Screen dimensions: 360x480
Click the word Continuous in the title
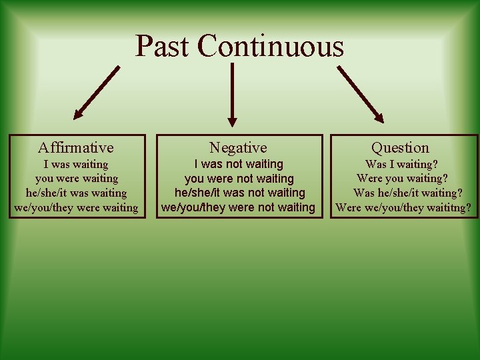click(x=271, y=47)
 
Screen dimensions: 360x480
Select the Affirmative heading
click(x=76, y=147)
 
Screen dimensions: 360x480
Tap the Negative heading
click(x=238, y=147)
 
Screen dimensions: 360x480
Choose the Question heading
click(x=400, y=147)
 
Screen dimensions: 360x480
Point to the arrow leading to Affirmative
click(x=96, y=92)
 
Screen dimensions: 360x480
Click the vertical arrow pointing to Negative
click(x=232, y=93)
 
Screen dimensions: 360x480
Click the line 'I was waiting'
click(x=76, y=164)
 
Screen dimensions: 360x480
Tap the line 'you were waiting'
click(x=76, y=179)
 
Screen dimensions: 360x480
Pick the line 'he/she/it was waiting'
click(x=76, y=193)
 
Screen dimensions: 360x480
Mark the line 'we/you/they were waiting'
click(x=76, y=208)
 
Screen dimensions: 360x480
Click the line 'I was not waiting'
click(x=238, y=164)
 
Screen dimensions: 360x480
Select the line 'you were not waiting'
click(x=238, y=179)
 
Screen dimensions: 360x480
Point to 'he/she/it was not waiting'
click(x=238, y=193)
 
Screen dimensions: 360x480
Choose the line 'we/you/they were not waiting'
click(x=238, y=207)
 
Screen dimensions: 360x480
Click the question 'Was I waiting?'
click(x=402, y=164)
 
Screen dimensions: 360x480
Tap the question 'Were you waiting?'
click(x=402, y=179)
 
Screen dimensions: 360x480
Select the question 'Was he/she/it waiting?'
click(x=408, y=193)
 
